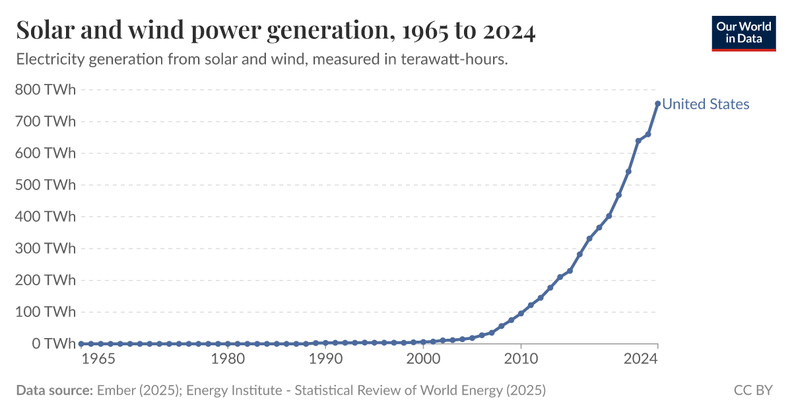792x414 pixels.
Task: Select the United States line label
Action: (706, 104)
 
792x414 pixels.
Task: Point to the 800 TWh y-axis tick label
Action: (46, 90)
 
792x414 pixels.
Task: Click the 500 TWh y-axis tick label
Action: (46, 185)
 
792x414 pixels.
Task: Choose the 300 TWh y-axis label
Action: (46, 248)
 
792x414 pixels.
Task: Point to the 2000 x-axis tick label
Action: (423, 359)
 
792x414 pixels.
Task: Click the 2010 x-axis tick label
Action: (521, 359)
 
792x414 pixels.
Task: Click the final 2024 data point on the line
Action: (657, 104)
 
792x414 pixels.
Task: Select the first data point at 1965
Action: (81, 343)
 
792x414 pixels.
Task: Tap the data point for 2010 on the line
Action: (521, 313)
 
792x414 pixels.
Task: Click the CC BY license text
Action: (753, 390)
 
